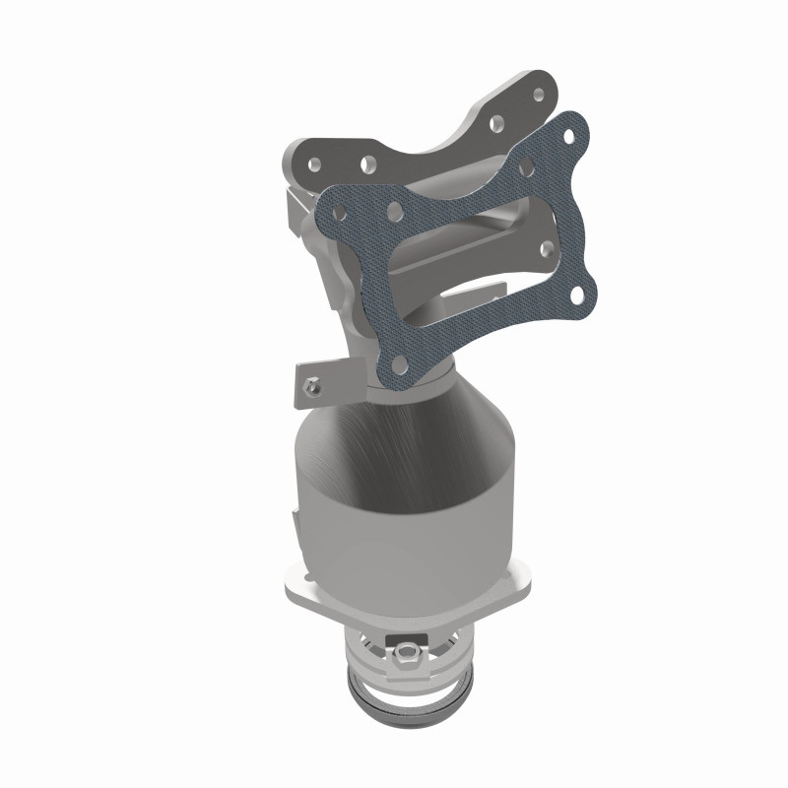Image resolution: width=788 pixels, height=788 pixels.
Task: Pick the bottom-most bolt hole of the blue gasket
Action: pos(401,363)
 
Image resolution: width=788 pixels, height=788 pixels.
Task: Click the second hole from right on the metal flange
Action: pos(497,123)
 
